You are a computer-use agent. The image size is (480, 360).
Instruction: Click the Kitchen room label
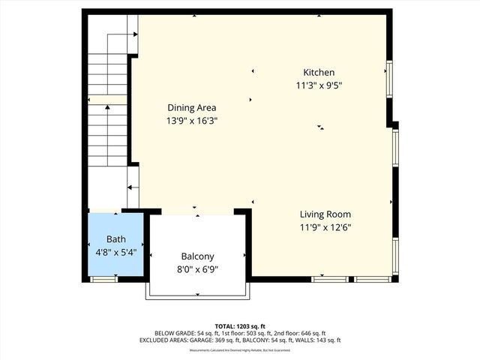318,72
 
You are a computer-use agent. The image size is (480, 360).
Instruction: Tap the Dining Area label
192,107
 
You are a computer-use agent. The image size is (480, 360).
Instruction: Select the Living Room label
325,214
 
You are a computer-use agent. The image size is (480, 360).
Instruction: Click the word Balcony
198,256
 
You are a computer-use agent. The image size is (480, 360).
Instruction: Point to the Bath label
115,239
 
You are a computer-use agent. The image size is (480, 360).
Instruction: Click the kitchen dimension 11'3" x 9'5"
318,85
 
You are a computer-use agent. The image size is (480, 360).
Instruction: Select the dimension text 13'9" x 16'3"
192,120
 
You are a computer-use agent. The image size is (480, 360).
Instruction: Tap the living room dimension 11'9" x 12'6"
325,227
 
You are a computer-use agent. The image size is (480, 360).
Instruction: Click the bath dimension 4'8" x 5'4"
115,252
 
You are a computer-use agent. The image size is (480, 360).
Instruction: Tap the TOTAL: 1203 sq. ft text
239,326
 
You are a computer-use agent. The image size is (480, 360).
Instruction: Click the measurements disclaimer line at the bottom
239,350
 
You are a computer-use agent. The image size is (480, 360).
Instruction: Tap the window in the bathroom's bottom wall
103,279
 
